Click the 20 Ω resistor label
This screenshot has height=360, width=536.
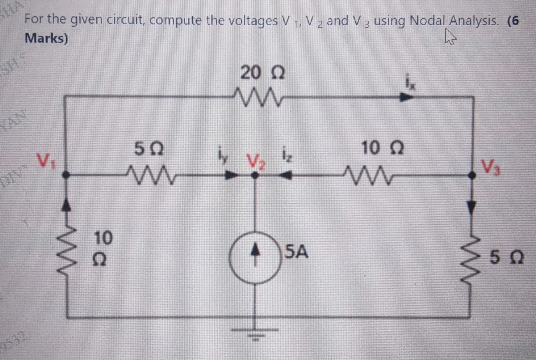[262, 72]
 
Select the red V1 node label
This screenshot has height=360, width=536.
[47, 160]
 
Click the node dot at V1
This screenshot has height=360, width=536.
[66, 174]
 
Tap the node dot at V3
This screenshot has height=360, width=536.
[472, 175]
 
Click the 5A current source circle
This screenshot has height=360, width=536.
[255, 258]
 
